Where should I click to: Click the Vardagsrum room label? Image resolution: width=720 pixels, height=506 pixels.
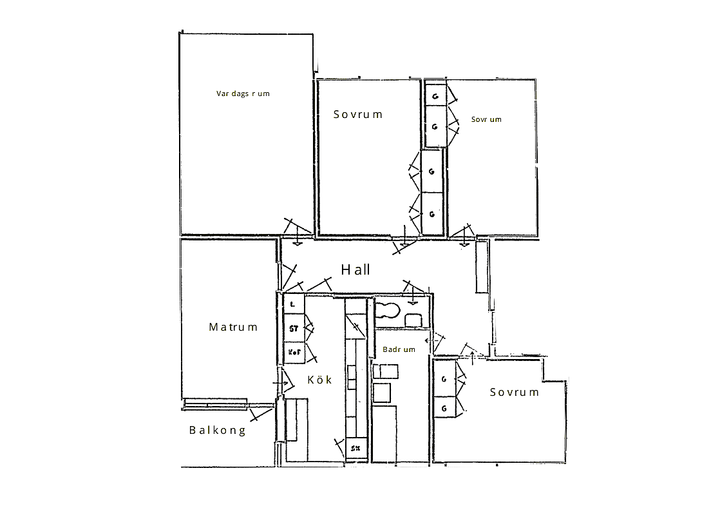coord(243,93)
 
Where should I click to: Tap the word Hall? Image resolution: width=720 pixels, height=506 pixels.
coord(355,269)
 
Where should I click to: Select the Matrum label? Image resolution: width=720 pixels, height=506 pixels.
coord(233,327)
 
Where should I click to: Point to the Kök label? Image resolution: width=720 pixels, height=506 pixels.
coord(319,380)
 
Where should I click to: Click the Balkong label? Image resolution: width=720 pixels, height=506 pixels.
coord(218,430)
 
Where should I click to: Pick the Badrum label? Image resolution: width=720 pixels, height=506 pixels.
coord(399,349)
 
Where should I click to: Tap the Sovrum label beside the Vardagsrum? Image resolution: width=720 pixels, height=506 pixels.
coord(357,114)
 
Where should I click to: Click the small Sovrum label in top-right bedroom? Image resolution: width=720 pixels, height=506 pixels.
coord(486,119)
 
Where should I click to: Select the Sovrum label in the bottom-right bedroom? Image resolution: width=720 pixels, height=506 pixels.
coord(515,392)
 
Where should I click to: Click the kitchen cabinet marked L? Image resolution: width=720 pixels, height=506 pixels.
coord(294,304)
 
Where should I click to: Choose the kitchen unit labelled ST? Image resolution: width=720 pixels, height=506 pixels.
coord(294,328)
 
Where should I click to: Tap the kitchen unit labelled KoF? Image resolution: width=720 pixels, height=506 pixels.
coord(294,353)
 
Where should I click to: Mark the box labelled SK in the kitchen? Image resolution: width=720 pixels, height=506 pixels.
coord(356,449)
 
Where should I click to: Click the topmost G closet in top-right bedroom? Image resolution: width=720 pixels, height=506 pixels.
coord(435,97)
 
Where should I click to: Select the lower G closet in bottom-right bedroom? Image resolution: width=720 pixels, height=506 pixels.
coord(444,408)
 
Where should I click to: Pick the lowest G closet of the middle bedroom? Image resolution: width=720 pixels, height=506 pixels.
coord(432,214)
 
